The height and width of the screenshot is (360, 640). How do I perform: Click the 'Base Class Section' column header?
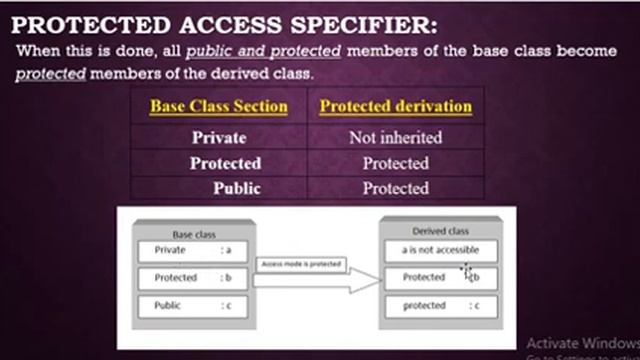[219, 106]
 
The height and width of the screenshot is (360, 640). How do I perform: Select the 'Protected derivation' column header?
[395, 106]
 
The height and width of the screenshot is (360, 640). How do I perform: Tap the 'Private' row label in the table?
[218, 138]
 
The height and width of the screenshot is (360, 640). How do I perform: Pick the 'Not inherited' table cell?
[395, 138]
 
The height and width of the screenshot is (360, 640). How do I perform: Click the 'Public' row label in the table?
[236, 188]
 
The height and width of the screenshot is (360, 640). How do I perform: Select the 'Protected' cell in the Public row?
[395, 188]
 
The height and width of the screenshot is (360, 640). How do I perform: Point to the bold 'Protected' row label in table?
[225, 163]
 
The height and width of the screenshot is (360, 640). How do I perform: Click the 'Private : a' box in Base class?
[194, 251]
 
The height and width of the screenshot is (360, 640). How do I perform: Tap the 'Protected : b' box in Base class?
[194, 278]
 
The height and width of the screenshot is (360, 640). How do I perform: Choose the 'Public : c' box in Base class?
[194, 306]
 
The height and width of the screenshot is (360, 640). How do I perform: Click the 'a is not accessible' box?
[440, 250]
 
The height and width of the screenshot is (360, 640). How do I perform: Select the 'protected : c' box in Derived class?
[440, 305]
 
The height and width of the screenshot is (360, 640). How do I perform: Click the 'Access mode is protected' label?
[301, 265]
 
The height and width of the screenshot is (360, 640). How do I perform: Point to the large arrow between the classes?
[315, 284]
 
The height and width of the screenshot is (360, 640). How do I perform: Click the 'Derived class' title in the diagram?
[440, 231]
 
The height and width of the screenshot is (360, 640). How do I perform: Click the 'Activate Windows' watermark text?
[581, 339]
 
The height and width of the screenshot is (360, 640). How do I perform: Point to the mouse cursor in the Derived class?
[467, 271]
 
